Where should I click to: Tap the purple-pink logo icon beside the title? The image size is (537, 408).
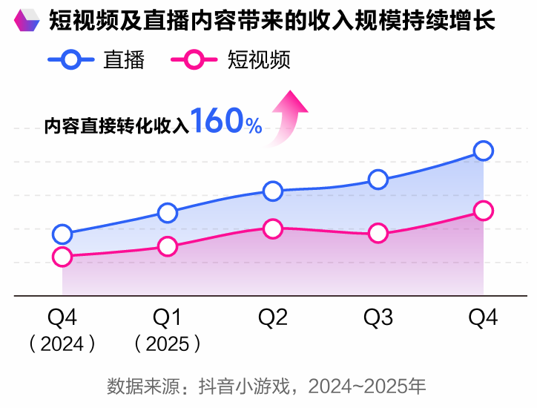pos(27,21)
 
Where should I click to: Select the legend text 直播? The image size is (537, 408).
pos(124,60)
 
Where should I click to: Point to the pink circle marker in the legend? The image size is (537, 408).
pos(194,60)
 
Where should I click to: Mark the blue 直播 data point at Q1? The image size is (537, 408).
pos(168,213)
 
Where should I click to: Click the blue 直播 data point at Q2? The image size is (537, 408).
pos(273,191)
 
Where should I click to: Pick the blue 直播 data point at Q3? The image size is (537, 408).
pos(378,180)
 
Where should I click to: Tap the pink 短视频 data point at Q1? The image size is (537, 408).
pos(168,246)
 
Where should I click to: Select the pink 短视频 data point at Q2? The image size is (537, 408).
pos(273,229)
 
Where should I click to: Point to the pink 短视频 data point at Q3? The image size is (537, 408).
pos(378,234)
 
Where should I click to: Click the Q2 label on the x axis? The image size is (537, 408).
pos(273,317)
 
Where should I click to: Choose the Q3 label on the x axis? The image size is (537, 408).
pos(378,317)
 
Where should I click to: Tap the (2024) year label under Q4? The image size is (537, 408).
pos(62,343)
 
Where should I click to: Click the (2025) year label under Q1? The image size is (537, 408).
pos(168,343)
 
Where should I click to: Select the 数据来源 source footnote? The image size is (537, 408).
pos(267,386)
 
